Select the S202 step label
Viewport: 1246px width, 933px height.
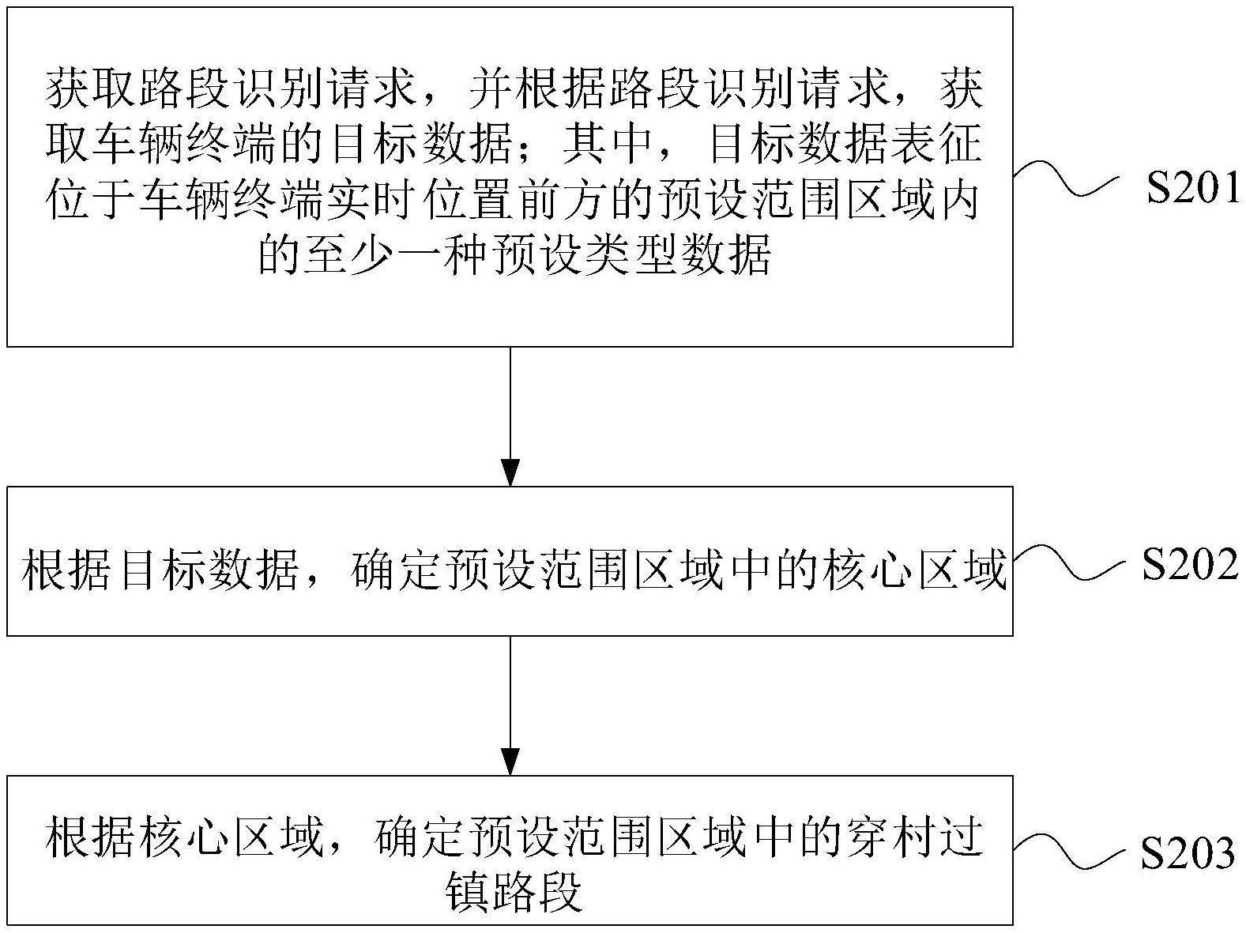tap(1190, 565)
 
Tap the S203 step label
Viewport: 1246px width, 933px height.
tap(1188, 854)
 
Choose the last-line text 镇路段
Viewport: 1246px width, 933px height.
tap(514, 892)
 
